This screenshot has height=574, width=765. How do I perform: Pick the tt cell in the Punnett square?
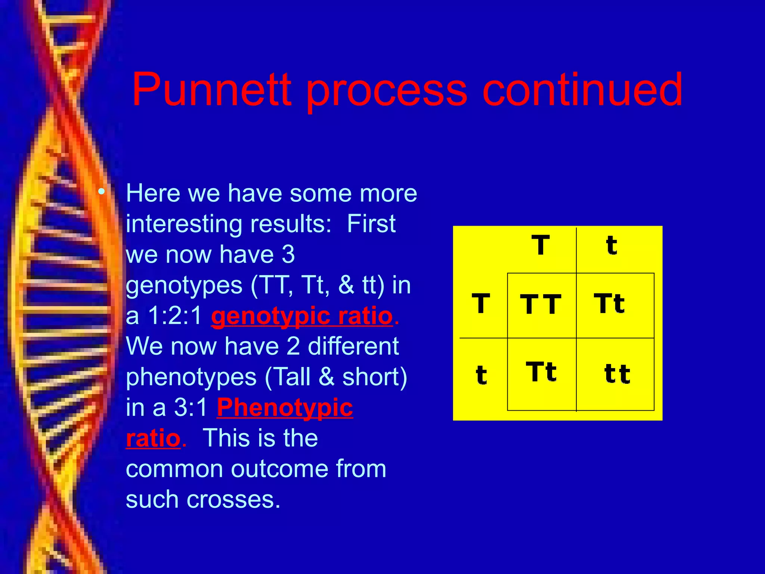click(617, 374)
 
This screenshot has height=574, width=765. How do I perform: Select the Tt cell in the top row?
click(609, 303)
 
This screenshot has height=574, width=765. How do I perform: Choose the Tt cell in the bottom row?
click(541, 372)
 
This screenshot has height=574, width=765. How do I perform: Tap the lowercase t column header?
click(611, 246)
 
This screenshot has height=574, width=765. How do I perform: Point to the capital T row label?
click(481, 303)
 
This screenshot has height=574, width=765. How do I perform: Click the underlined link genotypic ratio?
click(302, 316)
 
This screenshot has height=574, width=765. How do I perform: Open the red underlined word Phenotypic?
click(285, 407)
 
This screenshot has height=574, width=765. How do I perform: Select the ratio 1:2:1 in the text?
click(175, 316)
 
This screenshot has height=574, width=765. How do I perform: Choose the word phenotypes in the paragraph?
click(191, 377)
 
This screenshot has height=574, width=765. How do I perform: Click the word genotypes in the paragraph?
click(184, 286)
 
